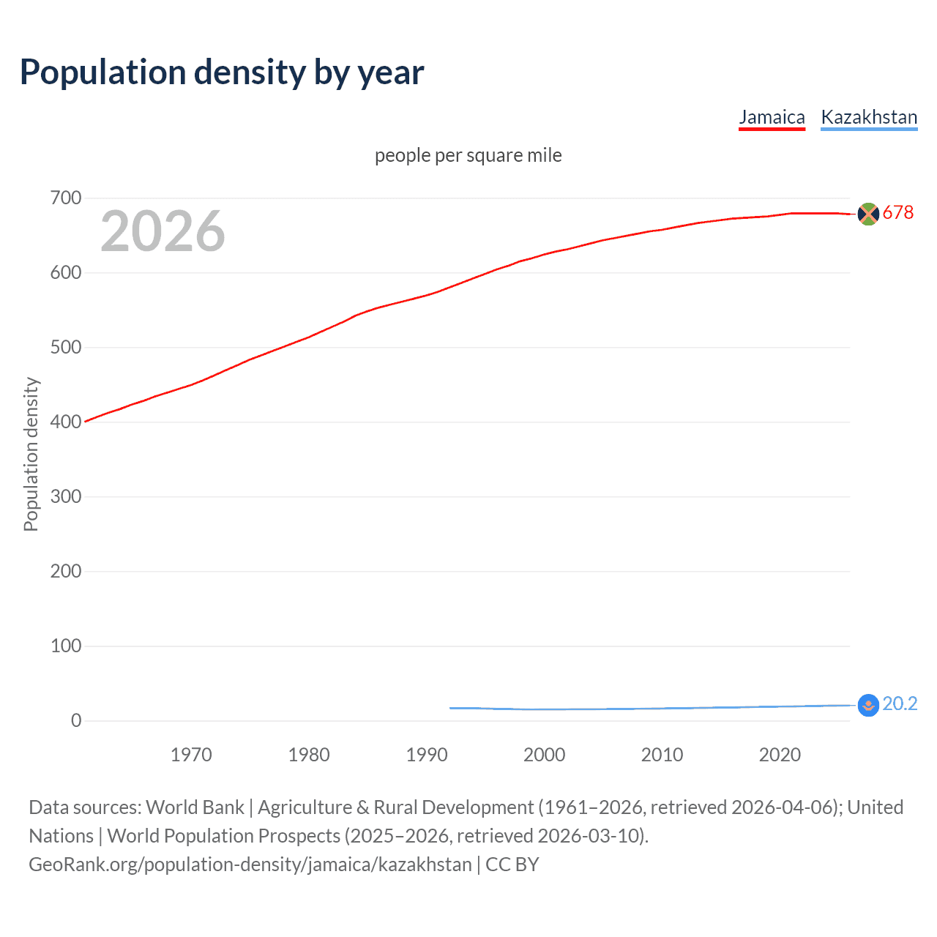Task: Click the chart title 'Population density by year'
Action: point(222,72)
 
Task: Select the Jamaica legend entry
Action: point(772,117)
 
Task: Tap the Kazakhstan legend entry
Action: point(869,117)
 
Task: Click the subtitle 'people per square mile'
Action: point(468,155)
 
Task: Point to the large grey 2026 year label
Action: point(163,231)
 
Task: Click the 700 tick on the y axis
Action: point(66,198)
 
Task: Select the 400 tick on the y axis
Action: point(66,422)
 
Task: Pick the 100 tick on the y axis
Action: point(66,646)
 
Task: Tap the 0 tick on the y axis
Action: point(76,721)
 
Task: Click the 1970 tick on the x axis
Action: point(191,755)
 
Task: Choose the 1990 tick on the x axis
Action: point(427,755)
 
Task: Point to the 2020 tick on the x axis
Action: point(780,755)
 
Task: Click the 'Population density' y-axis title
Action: point(31,454)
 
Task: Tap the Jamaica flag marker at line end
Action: point(867,214)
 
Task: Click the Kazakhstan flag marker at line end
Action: point(867,705)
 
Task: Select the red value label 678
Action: point(898,213)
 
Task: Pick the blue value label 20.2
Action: point(900,704)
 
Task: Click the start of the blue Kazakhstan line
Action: point(451,708)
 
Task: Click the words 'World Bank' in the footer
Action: point(195,807)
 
